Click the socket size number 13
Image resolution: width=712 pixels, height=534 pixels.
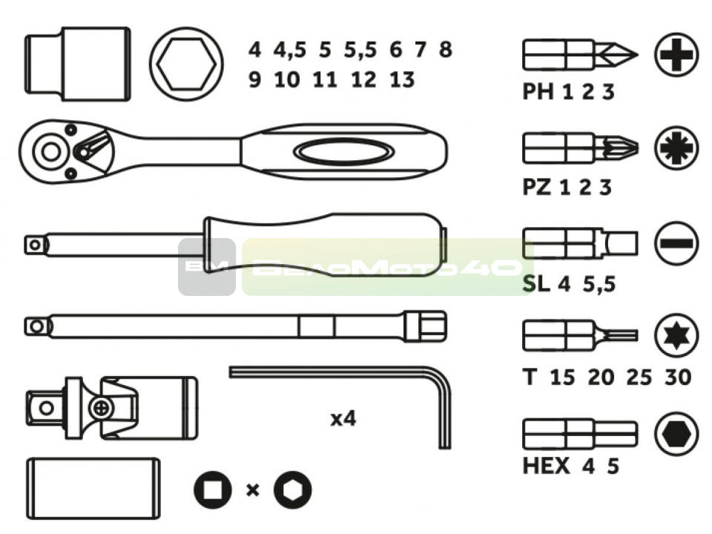pyautogui.click(x=402, y=80)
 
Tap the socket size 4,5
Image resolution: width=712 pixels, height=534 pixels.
pyautogui.click(x=290, y=50)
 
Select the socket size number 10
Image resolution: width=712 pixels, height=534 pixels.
pyautogui.click(x=287, y=80)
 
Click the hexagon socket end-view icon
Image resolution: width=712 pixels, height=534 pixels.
pyautogui.click(x=186, y=64)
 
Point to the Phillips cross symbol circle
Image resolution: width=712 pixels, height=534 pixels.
pyautogui.click(x=676, y=55)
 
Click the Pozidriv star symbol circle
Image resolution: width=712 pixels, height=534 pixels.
pyautogui.click(x=676, y=148)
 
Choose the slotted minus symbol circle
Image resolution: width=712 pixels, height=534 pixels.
pyautogui.click(x=676, y=243)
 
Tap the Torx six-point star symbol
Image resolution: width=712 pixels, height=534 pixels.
pyautogui.click(x=676, y=335)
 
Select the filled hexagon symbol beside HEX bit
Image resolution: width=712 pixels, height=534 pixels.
pyautogui.click(x=676, y=434)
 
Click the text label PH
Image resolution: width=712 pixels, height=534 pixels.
pyautogui.click(x=538, y=92)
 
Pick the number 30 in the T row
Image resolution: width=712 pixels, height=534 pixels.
pyautogui.click(x=678, y=377)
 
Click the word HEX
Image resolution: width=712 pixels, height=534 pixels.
pyautogui.click(x=546, y=466)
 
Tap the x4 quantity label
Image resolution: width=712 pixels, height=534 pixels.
pyautogui.click(x=343, y=418)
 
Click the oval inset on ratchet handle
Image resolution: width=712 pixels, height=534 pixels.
pyautogui.click(x=343, y=151)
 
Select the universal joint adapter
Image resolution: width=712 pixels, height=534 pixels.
pyautogui.click(x=112, y=408)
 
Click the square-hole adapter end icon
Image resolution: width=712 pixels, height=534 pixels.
pyautogui.click(x=213, y=489)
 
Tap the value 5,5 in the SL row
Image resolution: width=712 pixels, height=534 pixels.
pyautogui.click(x=599, y=284)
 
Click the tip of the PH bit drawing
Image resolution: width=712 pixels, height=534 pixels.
pyautogui.click(x=637, y=54)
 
